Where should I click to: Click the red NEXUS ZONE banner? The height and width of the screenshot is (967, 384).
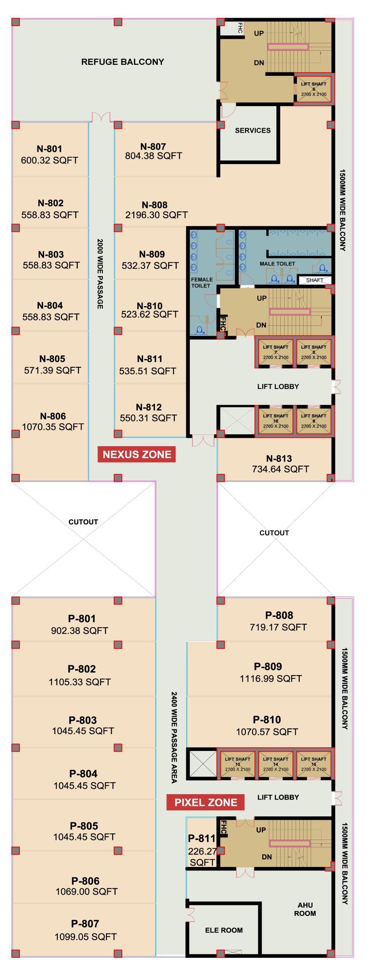coord(136,454)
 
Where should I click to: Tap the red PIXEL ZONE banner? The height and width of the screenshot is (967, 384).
coord(205,802)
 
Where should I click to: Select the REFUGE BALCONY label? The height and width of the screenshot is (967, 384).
coord(123,62)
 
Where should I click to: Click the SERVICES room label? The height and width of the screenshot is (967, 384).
coord(253,131)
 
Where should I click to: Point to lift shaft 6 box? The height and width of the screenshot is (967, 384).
coord(314,89)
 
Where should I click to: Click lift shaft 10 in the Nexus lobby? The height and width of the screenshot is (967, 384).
coord(275,421)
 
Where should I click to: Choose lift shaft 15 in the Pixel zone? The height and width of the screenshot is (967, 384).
coord(314,764)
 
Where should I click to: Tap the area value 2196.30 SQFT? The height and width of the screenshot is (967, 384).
coord(157,215)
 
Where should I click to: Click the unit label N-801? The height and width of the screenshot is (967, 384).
coord(49,149)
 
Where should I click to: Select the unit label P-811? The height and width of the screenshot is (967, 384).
coord(202,838)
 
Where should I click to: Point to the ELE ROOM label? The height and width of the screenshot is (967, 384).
coord(224,930)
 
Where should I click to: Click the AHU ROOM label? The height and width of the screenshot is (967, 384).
coord(305,909)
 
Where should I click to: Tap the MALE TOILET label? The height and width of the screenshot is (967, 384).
coord(278,264)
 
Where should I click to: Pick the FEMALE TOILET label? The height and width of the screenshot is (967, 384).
coord(201,282)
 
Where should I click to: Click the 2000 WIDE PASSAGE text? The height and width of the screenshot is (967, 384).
coord(100,274)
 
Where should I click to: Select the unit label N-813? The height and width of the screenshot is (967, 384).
coord(279,459)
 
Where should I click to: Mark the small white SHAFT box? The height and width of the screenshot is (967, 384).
coord(315,280)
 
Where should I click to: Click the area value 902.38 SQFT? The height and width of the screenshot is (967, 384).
coord(79,631)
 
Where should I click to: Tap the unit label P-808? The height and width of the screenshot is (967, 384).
coord(279,615)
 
